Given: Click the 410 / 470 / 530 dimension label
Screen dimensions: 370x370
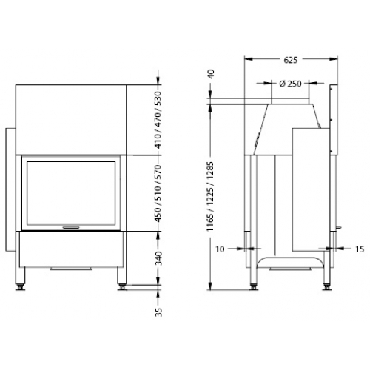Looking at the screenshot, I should pos(157,120).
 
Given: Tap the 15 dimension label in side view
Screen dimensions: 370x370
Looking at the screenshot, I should pos(360,249).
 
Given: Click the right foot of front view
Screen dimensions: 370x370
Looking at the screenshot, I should pos(121,282).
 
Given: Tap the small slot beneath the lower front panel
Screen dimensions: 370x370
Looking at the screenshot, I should pos(72,268).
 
